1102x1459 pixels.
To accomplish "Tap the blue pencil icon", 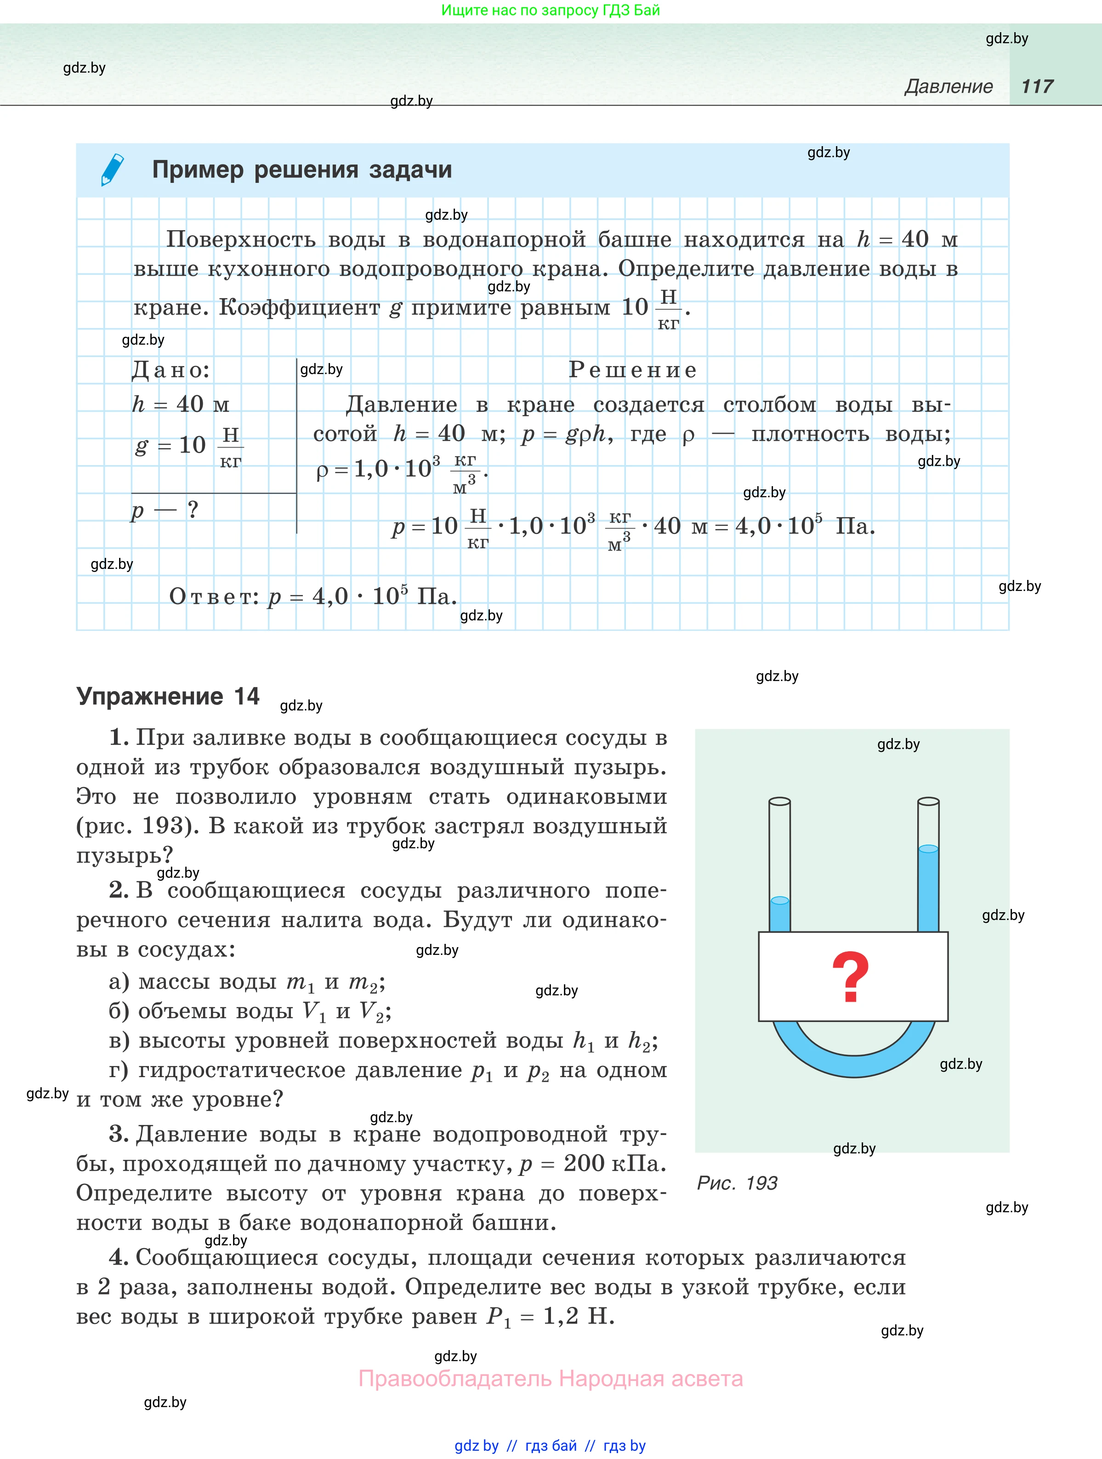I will click(112, 170).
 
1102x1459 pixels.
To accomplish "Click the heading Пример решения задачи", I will click(302, 170).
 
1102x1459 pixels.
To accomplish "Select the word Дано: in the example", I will click(171, 370).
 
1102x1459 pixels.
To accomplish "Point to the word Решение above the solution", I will click(632, 370).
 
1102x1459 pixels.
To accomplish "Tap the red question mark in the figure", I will click(851, 977).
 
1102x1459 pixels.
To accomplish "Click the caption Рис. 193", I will click(737, 1183).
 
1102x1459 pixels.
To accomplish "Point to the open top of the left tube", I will click(779, 801).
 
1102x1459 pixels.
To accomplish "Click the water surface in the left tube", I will click(779, 900).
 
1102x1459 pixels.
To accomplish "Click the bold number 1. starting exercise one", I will click(119, 738).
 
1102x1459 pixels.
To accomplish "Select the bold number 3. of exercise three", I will click(119, 1135).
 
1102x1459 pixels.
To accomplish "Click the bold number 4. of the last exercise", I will click(119, 1257).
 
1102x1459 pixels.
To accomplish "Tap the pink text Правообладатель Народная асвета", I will click(551, 1379).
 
